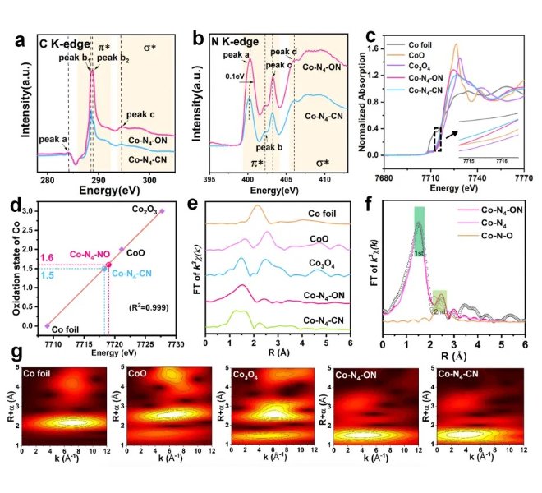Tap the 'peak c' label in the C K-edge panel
point(139,115)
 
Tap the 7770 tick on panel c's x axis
point(523,170)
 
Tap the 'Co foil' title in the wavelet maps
point(40,374)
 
